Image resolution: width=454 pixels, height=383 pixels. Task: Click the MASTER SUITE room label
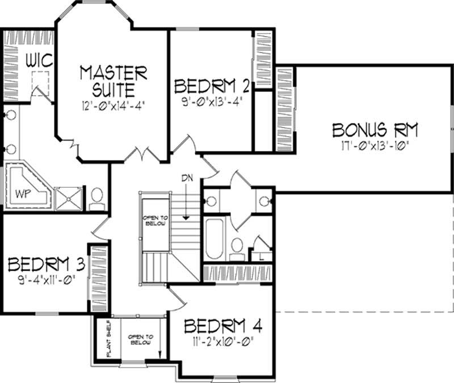click(x=113, y=81)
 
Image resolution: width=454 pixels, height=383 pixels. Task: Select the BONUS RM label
click(x=375, y=129)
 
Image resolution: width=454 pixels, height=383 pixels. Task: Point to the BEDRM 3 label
click(x=46, y=264)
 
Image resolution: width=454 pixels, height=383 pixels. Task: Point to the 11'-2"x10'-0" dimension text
click(x=223, y=342)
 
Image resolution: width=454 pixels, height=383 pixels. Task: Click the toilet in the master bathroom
click(x=97, y=196)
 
